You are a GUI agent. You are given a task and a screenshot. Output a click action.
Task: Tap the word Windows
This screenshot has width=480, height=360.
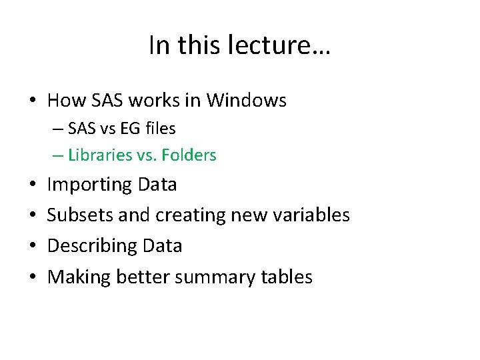coord(247,101)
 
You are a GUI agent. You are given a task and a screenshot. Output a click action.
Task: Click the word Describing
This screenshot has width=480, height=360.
coord(91,246)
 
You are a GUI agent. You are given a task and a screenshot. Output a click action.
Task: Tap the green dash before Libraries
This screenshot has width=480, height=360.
coord(57,155)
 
